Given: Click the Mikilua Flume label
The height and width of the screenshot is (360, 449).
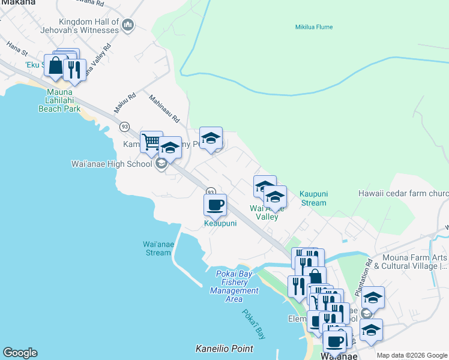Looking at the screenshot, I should [x=313, y=27].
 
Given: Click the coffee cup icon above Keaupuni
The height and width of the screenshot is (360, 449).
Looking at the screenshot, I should [x=215, y=206].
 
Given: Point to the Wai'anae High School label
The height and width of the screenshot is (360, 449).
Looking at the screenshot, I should [x=112, y=164].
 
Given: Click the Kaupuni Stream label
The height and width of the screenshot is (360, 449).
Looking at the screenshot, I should [x=313, y=199].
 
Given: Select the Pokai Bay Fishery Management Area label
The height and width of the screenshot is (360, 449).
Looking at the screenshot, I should [x=235, y=286].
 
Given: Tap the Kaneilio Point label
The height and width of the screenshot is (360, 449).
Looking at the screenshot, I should [x=224, y=349].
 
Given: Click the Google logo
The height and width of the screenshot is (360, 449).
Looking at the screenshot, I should [x=20, y=353].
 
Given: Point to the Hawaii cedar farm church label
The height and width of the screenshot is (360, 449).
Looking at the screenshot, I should [x=403, y=194].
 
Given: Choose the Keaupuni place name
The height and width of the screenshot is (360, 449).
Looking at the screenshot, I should [x=220, y=223].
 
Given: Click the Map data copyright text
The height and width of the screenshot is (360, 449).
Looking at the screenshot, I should [x=412, y=355].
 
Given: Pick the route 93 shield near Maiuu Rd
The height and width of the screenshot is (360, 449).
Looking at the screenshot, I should [x=124, y=127].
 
